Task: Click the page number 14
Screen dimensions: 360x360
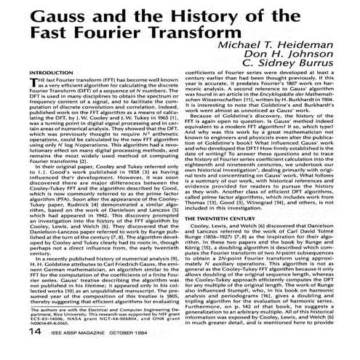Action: tap(15, 351)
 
